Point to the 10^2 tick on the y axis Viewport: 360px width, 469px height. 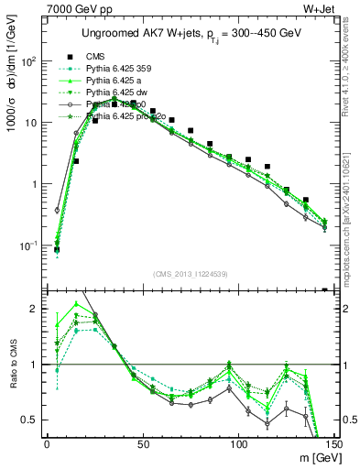[x=28, y=60]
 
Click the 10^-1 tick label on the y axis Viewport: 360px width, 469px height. [x=27, y=245]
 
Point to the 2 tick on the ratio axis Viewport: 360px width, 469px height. [x=36, y=309]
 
